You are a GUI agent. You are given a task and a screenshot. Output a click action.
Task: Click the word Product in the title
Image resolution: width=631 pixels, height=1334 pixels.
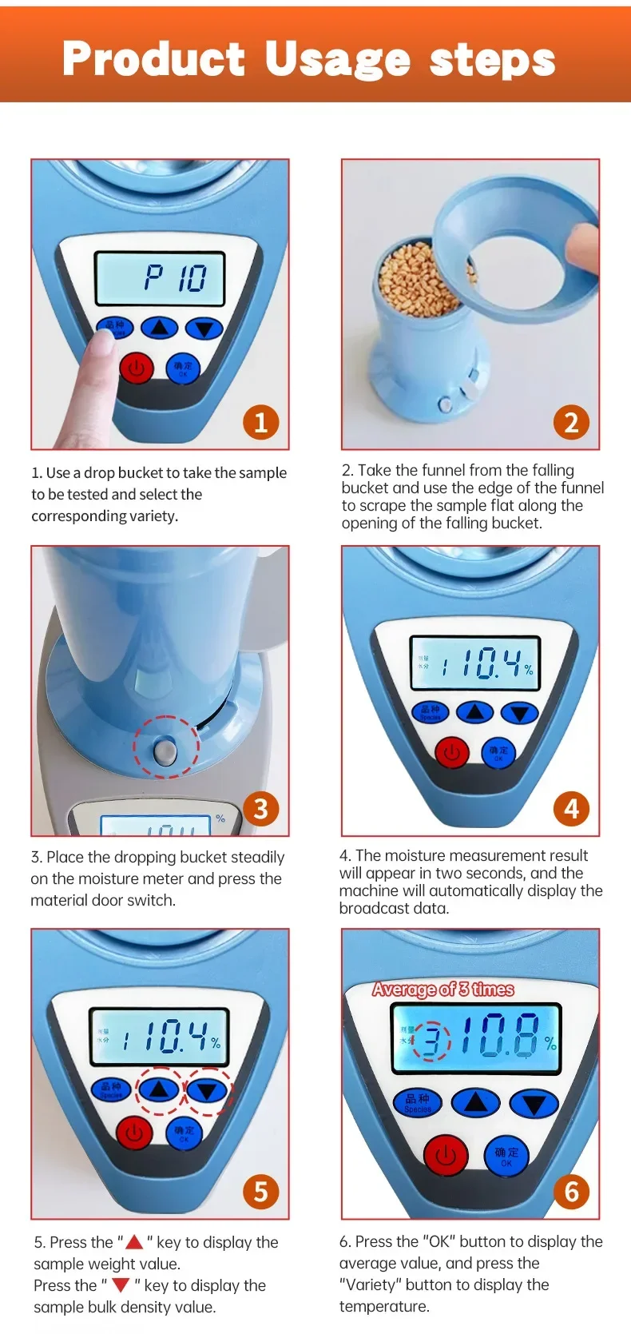click(153, 59)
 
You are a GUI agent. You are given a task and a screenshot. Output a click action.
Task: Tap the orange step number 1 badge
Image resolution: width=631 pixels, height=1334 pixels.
click(260, 421)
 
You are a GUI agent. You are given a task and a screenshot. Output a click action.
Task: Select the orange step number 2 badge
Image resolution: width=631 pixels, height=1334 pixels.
click(571, 421)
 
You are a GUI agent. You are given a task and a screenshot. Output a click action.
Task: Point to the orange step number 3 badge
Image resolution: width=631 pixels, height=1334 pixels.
click(260, 808)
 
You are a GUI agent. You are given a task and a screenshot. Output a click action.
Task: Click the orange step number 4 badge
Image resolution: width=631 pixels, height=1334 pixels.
click(571, 808)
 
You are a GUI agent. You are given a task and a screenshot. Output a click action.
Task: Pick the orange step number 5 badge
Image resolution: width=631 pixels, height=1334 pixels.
click(260, 1191)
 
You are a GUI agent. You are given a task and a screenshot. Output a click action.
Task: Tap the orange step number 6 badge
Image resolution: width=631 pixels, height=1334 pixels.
click(571, 1191)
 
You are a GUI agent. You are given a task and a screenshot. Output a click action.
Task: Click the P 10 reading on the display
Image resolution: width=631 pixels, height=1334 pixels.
click(175, 278)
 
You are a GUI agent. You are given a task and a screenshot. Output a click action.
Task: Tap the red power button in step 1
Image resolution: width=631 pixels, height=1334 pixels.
click(137, 368)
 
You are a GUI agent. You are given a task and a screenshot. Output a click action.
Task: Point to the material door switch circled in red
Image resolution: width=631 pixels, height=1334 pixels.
click(165, 751)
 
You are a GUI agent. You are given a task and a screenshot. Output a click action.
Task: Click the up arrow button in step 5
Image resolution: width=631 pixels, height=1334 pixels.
click(160, 1089)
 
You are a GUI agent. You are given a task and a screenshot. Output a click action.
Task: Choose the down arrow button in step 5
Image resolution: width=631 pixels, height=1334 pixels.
click(207, 1090)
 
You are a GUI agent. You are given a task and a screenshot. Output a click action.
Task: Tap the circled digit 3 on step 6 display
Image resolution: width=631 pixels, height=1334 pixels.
click(431, 1041)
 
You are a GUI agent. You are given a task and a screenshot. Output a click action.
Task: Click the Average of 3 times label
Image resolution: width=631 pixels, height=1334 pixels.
click(443, 990)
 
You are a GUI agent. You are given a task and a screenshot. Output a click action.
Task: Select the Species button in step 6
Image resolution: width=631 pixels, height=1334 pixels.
click(418, 1103)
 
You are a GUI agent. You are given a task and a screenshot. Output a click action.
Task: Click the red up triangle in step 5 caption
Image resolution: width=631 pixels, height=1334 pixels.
click(134, 1241)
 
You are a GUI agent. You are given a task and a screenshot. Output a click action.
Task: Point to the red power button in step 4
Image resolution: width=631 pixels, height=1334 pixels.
click(452, 753)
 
